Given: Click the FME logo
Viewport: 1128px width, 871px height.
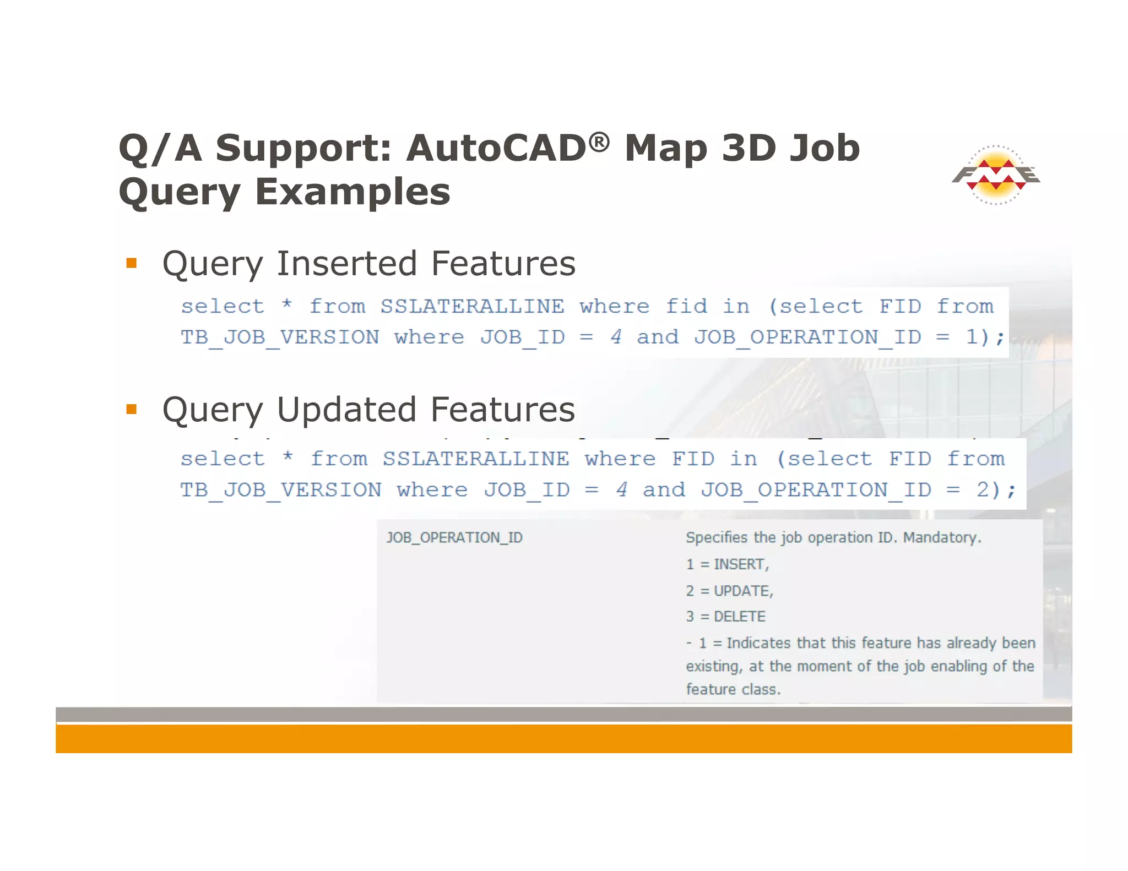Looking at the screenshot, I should click(x=996, y=176).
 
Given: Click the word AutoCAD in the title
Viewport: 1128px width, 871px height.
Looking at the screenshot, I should click(x=496, y=149).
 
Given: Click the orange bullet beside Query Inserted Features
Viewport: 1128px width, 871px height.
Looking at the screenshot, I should click(x=131, y=263).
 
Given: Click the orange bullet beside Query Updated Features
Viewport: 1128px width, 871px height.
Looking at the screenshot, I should click(x=131, y=409).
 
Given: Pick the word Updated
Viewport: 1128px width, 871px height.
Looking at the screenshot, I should click(x=346, y=410).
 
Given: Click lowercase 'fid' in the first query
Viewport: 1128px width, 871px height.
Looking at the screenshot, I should click(x=686, y=306).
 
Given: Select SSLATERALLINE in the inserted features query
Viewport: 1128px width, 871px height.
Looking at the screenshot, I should click(x=472, y=306).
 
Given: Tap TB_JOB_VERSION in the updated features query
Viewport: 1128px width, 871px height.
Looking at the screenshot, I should click(x=281, y=489).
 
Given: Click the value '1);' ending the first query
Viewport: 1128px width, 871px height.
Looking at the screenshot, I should click(x=985, y=337).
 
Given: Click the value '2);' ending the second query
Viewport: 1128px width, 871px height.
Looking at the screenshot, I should click(x=995, y=489).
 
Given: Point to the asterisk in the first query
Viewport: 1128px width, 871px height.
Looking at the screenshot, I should click(x=286, y=305).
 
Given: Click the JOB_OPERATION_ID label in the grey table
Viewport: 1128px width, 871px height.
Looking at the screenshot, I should click(x=454, y=537).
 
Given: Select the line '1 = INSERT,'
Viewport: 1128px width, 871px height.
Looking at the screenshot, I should click(x=727, y=564).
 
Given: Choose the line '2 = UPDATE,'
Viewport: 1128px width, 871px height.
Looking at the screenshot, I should click(x=729, y=591).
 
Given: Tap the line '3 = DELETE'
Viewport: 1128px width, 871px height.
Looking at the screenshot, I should click(x=725, y=617).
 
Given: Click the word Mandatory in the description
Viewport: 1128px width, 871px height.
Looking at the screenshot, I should click(x=942, y=537).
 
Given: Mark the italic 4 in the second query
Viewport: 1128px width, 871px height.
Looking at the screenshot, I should click(x=621, y=489).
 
